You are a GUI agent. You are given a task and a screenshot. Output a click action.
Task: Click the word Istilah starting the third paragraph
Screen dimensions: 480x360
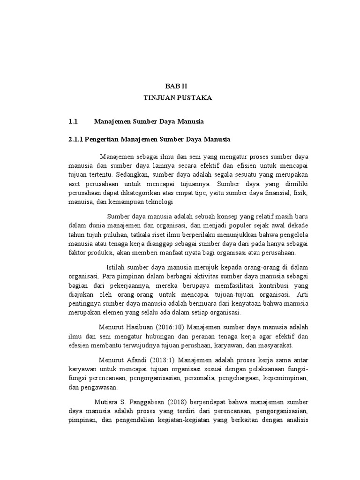click(x=117, y=267)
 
